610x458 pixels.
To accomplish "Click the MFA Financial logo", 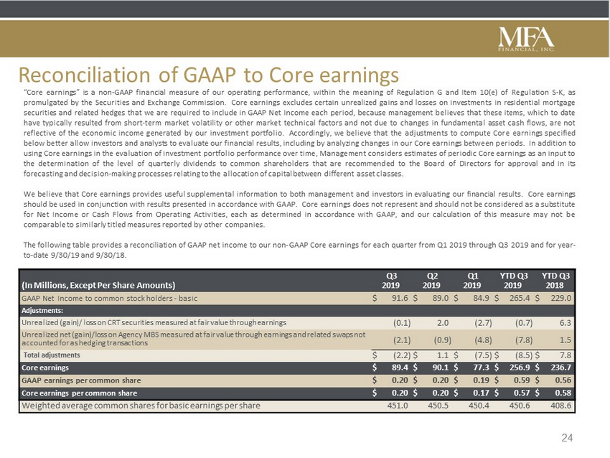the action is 526,38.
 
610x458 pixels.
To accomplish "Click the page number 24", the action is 567,438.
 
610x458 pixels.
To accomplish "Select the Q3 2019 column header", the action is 391,281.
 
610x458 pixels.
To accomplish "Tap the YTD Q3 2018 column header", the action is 555,281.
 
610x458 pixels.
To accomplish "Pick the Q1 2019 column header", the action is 472,281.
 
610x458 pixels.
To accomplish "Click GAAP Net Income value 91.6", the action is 400,299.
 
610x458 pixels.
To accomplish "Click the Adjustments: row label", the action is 42,311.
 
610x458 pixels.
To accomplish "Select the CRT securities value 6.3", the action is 566,323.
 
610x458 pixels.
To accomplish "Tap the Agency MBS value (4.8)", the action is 483,340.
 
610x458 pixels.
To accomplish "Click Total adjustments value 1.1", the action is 443,355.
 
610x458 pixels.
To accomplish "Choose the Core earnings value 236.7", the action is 560,368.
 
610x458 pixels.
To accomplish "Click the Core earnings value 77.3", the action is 482,368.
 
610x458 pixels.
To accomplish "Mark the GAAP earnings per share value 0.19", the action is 482,380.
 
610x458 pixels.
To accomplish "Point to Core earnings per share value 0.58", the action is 563,393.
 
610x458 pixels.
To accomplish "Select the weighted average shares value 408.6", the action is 561,406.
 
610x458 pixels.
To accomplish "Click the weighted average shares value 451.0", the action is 398,406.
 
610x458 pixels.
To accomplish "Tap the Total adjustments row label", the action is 52,355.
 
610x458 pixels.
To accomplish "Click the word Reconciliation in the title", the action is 85,75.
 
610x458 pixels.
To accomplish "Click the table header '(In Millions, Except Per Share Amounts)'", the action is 98,285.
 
